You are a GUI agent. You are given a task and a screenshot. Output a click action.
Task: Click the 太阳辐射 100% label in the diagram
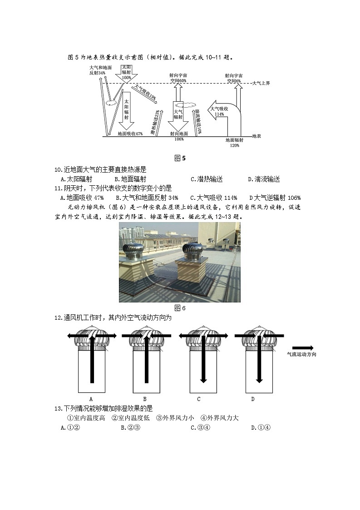(x=126, y=72)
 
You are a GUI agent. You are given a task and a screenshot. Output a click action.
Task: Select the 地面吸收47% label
(x=130, y=134)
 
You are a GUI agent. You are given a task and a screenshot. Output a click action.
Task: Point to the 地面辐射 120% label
(x=234, y=143)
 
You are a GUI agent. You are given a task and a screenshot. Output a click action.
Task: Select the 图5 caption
(x=180, y=158)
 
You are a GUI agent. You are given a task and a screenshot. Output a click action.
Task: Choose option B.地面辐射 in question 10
(x=130, y=179)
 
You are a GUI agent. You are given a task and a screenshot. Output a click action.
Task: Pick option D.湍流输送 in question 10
(x=264, y=179)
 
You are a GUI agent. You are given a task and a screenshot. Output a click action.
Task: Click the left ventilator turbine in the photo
(x=135, y=253)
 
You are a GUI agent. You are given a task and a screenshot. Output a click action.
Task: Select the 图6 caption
(x=180, y=308)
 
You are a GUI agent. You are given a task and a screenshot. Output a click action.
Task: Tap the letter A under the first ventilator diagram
(x=91, y=399)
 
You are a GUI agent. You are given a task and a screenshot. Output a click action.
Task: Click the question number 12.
(x=59, y=318)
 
